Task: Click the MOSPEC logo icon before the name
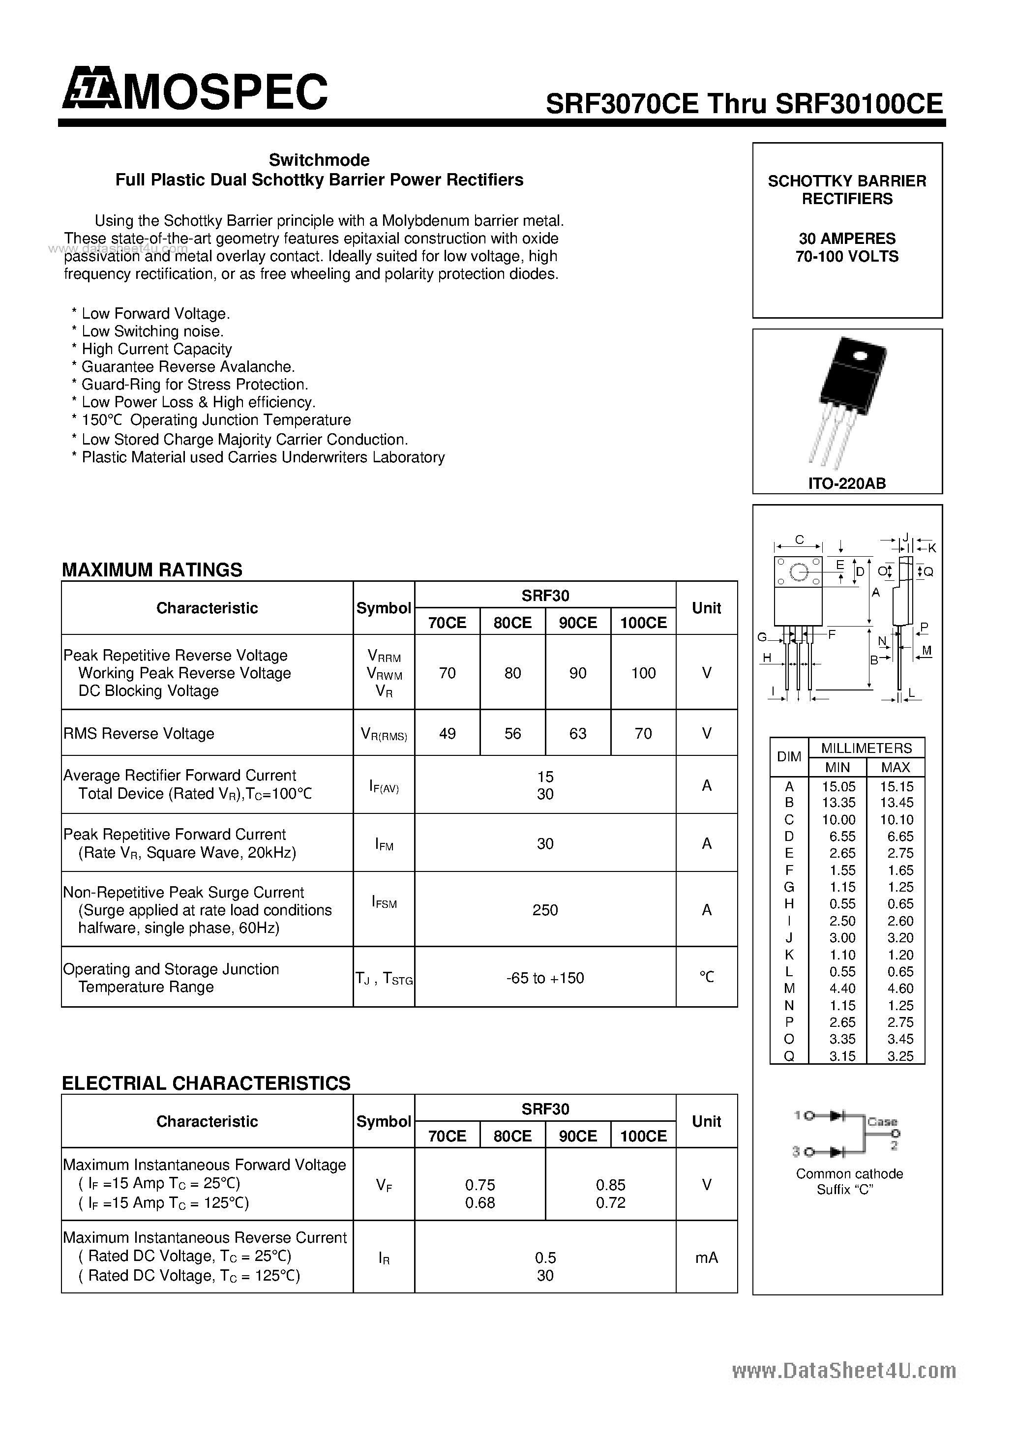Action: pyautogui.click(x=90, y=91)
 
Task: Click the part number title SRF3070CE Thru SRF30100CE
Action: pyautogui.click(x=744, y=103)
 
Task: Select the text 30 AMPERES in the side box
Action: pyautogui.click(x=847, y=239)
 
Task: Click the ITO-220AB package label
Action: pyautogui.click(x=847, y=483)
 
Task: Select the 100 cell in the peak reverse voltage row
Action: pyautogui.click(x=643, y=673)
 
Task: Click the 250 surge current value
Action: pyautogui.click(x=545, y=910)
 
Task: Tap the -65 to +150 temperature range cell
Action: pyautogui.click(x=545, y=978)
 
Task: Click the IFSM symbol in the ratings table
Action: pyautogui.click(x=384, y=903)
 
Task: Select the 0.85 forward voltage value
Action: pyautogui.click(x=610, y=1185)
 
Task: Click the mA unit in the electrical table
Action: pyautogui.click(x=707, y=1258)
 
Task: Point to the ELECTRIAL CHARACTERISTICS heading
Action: pyautogui.click(x=206, y=1083)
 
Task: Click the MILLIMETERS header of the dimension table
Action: pyautogui.click(x=867, y=748)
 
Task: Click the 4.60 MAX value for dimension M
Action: pyautogui.click(x=896, y=989)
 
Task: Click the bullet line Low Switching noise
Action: pyautogui.click(x=152, y=331)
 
